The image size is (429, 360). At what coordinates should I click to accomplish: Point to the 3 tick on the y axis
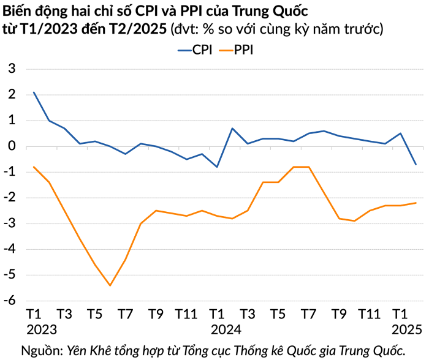coord(11,69)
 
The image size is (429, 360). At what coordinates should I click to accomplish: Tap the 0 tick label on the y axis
coord(11,146)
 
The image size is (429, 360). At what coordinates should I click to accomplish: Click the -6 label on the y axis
coord(9,301)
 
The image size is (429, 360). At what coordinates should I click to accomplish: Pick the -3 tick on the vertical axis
coord(9,223)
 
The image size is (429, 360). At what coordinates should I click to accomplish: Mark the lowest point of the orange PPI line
coord(110,285)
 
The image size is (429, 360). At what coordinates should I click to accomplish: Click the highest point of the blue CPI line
coord(34,92)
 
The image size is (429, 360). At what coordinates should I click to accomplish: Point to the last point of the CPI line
coord(416,164)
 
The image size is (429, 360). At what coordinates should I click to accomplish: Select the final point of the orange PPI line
coord(416,203)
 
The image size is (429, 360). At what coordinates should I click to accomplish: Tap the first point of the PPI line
coord(34,167)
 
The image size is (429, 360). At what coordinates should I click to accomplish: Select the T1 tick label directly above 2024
coord(217,314)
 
